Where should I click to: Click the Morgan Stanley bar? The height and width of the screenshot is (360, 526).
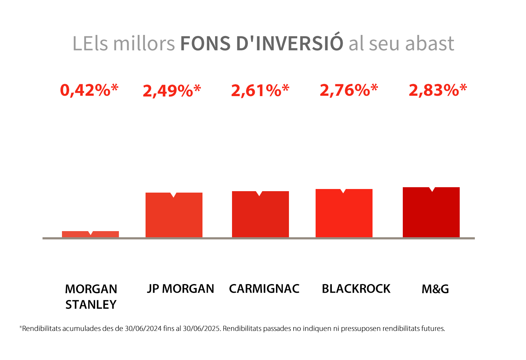pos(90,234)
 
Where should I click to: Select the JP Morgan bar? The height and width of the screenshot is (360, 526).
pos(174,215)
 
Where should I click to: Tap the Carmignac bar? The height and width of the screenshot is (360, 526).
pos(260,215)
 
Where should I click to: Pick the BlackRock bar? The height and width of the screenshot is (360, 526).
pos(344,213)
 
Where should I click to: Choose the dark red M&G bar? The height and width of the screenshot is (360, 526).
pos(431,212)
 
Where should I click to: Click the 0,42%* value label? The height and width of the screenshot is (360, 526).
pos(89,90)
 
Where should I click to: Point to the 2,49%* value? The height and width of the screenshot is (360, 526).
pos(172,91)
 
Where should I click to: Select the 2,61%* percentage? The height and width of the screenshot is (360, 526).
pos(260,90)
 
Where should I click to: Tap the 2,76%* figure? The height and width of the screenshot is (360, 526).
pos(349,90)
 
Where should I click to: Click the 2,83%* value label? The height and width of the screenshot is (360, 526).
pos(438,90)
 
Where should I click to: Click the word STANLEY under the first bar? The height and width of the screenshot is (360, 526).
pos(91,305)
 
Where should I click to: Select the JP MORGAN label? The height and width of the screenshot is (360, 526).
pos(180,289)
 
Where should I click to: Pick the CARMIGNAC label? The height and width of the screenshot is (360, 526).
pos(264,289)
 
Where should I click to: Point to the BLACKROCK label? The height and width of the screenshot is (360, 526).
pos(356,289)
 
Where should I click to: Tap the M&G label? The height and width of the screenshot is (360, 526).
pos(435,289)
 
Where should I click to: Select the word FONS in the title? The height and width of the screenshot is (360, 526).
pos(205,44)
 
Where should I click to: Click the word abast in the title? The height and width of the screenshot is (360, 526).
pos(430,43)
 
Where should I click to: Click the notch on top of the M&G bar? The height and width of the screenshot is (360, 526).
pos(432,189)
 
